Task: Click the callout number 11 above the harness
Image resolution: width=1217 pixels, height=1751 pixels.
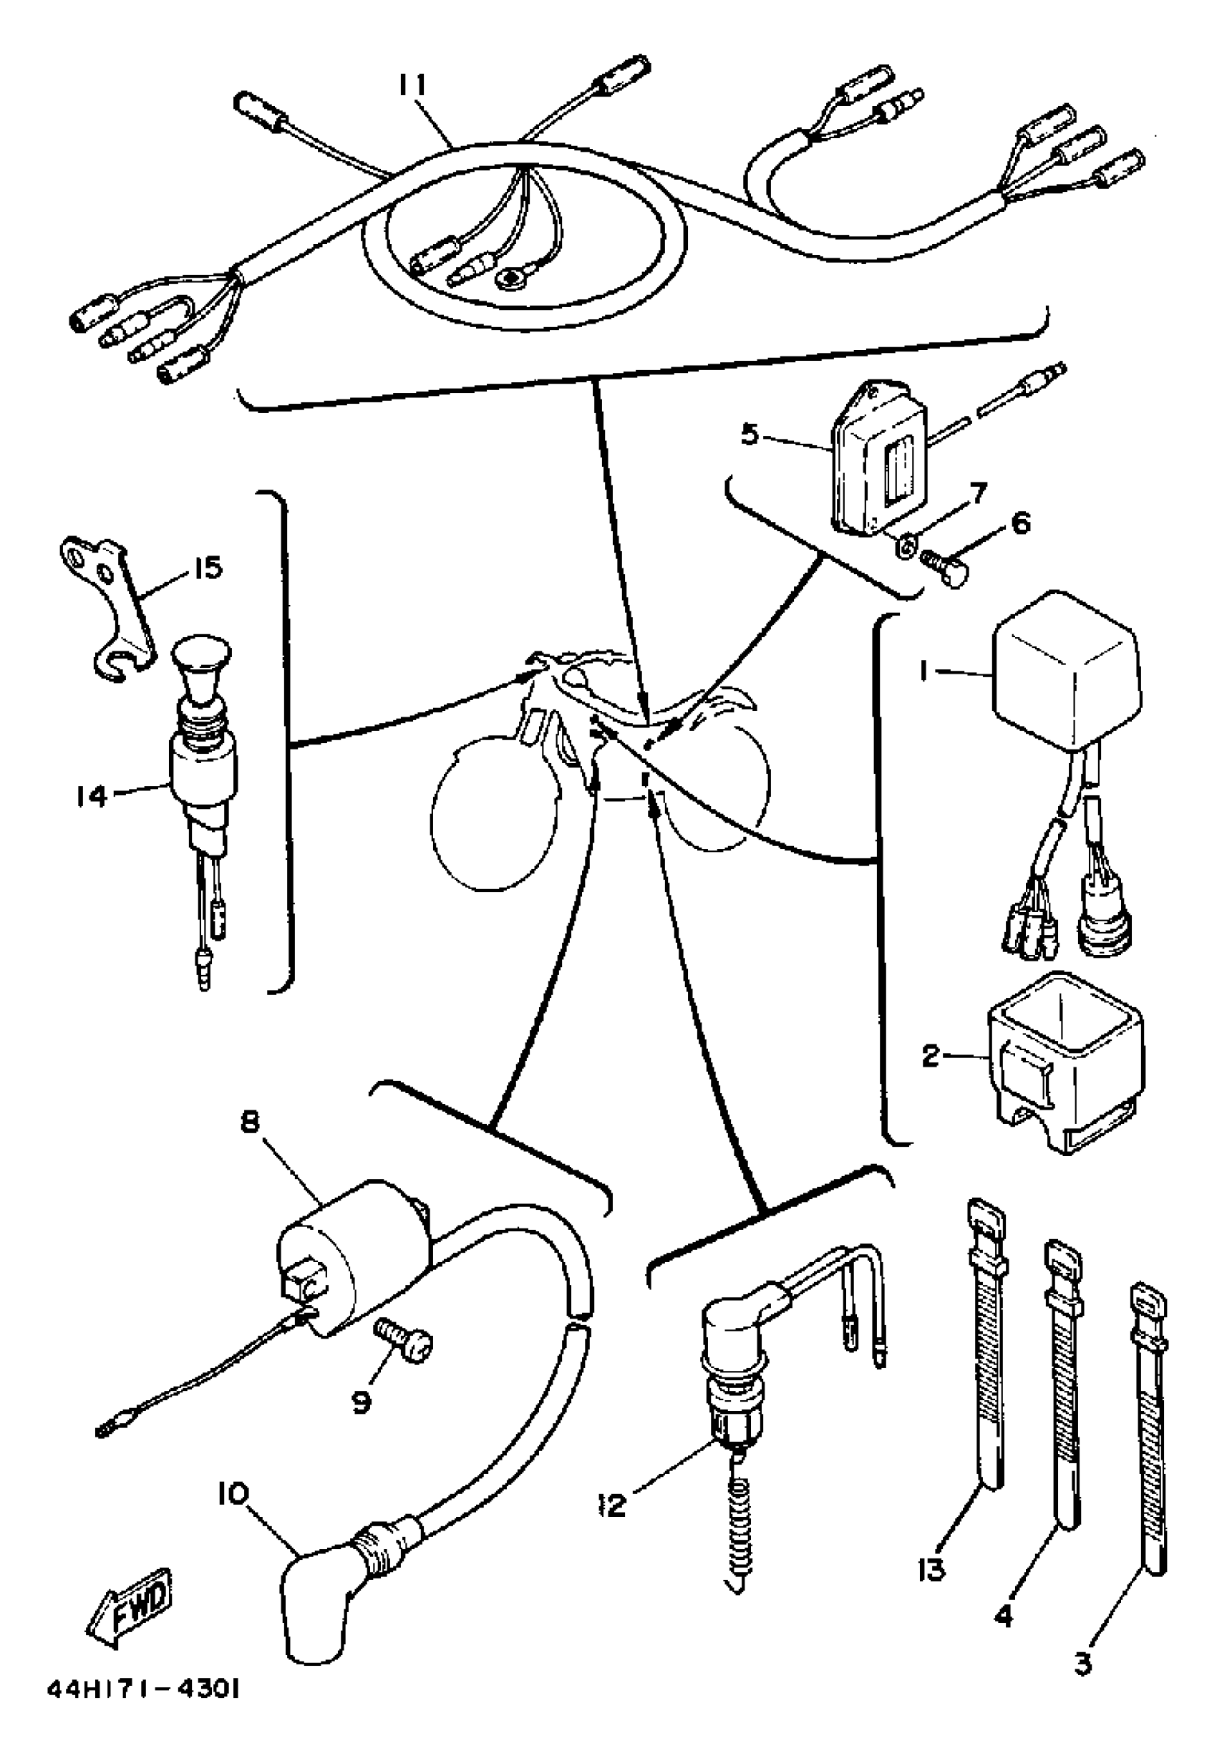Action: (x=413, y=85)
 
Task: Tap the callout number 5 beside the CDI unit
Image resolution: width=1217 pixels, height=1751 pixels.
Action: (x=750, y=437)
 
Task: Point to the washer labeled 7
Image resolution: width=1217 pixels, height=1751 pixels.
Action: (x=904, y=548)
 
